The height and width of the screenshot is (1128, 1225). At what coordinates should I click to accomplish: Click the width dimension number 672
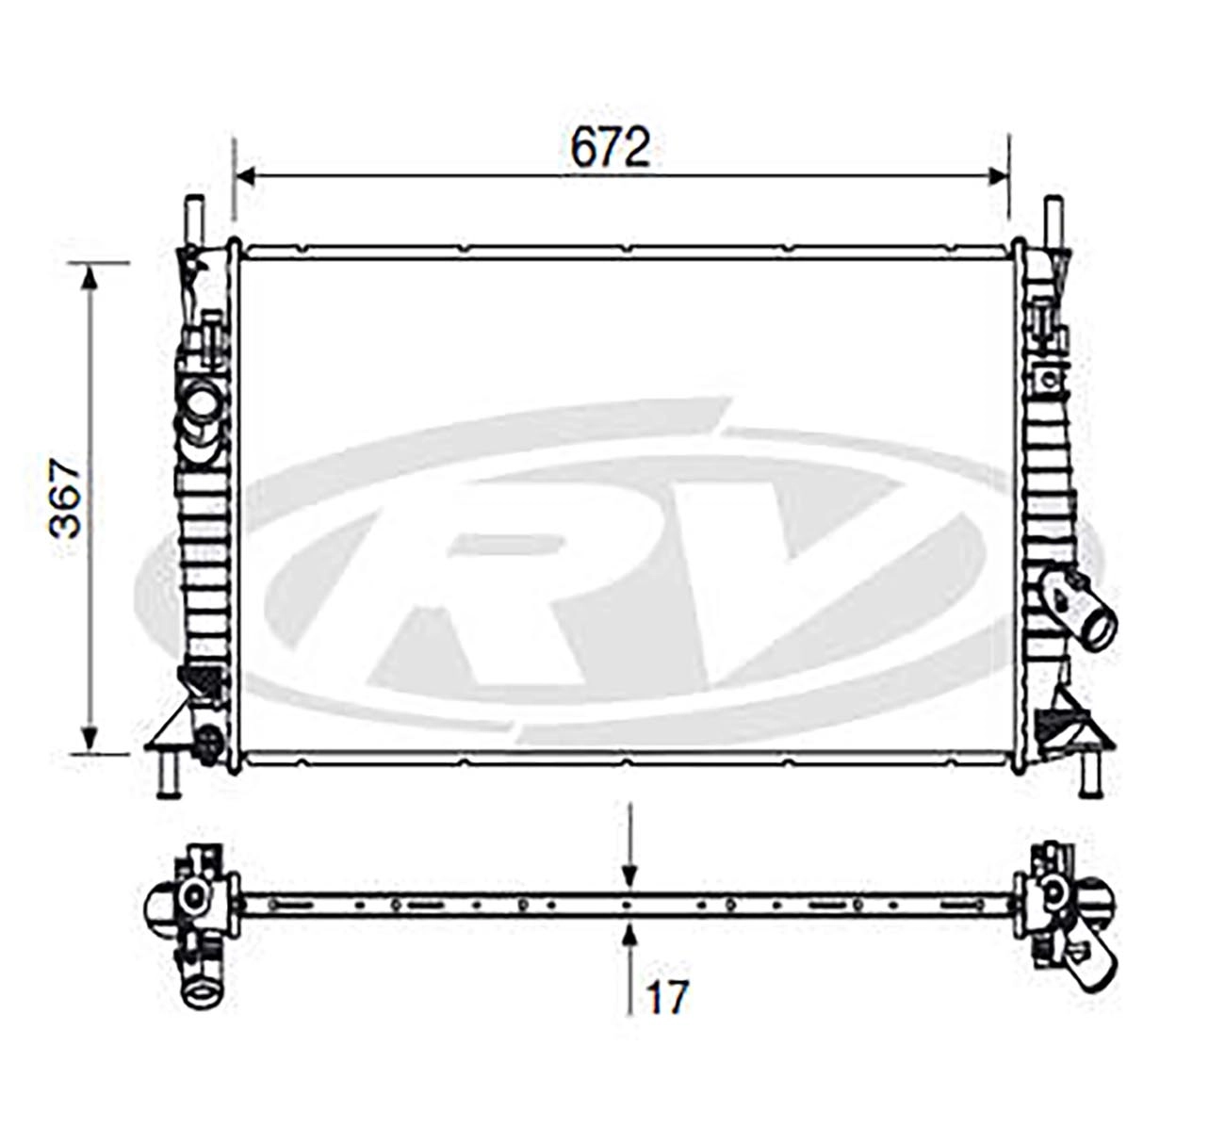tap(610, 148)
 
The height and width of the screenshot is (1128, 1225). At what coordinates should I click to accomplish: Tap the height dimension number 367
tap(66, 498)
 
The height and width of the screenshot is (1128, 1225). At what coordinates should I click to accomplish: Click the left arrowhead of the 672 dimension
tap(245, 176)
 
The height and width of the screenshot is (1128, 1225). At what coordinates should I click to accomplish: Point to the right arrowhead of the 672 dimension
tap(998, 176)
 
